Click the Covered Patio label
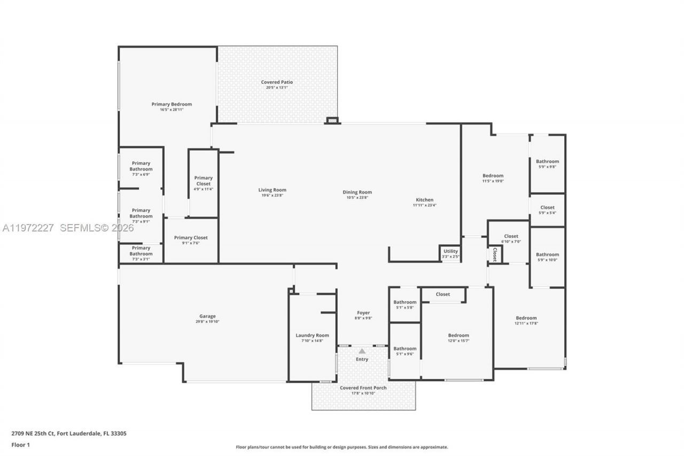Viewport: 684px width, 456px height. (277, 82)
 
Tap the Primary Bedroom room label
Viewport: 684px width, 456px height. (172, 104)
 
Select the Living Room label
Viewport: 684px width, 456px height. (272, 190)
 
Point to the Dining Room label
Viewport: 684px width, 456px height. (357, 192)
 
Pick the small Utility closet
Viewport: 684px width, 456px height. (450, 253)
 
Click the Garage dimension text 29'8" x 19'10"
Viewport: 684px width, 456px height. (207, 322)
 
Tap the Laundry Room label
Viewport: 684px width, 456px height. (312, 336)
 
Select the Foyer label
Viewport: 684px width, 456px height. (363, 313)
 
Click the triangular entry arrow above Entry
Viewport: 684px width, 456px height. (362, 351)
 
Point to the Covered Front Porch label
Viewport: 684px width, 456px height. (363, 388)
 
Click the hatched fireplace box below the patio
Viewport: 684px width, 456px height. (332, 121)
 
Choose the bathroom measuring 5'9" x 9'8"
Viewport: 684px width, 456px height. (547, 164)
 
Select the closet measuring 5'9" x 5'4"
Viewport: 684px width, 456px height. (547, 210)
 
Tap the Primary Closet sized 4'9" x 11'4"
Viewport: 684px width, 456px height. (203, 181)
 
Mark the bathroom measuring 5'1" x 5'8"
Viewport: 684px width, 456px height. (405, 304)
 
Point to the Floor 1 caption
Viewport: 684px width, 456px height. (20, 444)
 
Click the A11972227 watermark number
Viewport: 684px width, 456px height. (28, 228)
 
